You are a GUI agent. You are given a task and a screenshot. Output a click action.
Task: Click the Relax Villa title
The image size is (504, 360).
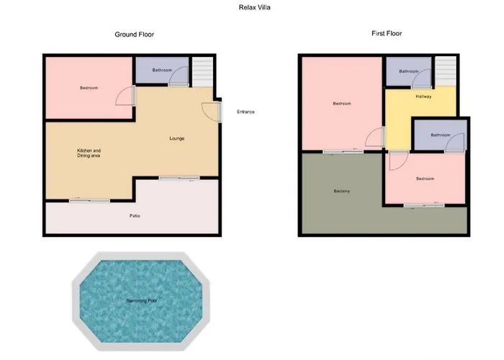(x=255, y=7)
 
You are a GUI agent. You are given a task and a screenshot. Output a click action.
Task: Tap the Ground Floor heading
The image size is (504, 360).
(x=135, y=35)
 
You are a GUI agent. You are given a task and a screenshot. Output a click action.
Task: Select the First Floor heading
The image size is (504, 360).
(x=387, y=33)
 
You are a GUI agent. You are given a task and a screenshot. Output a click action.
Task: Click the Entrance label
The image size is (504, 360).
(x=246, y=112)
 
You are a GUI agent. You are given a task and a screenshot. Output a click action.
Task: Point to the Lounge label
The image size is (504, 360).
(x=177, y=138)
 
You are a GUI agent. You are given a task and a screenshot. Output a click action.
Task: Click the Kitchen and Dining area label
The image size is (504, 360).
(x=89, y=153)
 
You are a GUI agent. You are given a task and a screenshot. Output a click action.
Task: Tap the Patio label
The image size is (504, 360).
(x=135, y=216)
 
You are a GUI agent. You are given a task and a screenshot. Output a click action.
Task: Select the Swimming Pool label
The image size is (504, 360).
(x=141, y=301)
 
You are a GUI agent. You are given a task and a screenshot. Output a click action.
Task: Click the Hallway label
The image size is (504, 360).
(x=423, y=96)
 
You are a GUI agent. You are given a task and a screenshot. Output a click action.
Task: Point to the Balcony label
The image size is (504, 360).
(x=342, y=192)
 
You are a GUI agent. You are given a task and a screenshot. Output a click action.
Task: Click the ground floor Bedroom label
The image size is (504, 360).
(x=89, y=88)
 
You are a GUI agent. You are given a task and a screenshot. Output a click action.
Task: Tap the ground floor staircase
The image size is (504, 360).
(x=202, y=72)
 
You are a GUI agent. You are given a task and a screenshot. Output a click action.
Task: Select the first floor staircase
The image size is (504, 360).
(x=446, y=71)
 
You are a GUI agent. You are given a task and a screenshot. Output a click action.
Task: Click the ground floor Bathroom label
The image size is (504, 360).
(x=162, y=70)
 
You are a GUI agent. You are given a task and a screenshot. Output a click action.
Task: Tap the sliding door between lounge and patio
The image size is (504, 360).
(x=179, y=178)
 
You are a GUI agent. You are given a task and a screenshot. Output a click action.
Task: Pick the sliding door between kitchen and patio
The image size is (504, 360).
(x=90, y=201)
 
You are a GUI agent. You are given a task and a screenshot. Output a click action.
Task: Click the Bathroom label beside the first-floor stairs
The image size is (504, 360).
(x=409, y=71)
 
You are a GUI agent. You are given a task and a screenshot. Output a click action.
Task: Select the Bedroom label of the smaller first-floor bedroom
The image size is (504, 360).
(x=426, y=179)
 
